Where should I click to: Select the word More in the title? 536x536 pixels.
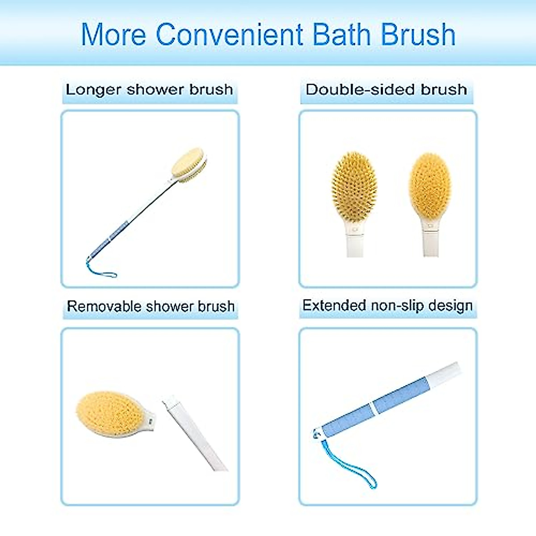113,35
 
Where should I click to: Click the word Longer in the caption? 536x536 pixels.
93,90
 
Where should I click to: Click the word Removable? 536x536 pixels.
104,306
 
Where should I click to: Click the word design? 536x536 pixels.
450,306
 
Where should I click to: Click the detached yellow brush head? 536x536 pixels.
109,413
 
